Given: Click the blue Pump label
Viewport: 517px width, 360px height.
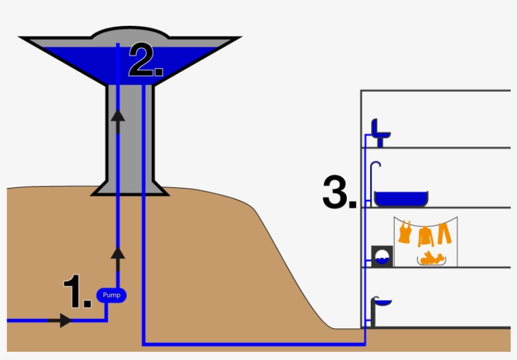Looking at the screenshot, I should coord(111,294).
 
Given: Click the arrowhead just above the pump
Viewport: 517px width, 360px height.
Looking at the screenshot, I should coord(117,253).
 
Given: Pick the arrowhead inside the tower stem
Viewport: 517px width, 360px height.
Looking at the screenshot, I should coord(117,115).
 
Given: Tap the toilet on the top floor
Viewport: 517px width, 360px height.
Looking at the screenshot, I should coord(380,131).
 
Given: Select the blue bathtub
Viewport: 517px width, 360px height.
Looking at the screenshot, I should coord(401,198).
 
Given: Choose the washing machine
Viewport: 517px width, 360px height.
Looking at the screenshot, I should coord(381,256).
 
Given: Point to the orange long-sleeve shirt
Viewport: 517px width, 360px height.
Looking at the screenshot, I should coord(426,236).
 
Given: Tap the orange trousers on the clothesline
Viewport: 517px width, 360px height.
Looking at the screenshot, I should coord(444,233).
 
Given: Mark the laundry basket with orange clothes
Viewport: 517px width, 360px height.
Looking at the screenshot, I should coord(431,258).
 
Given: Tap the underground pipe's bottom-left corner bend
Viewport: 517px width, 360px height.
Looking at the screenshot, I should coord(144,344).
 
